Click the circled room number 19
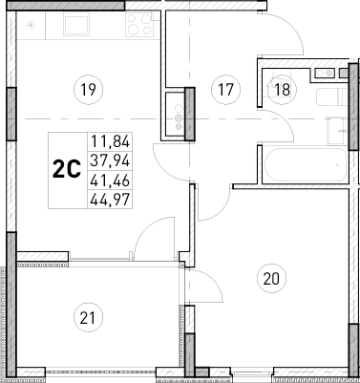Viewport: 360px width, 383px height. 88,91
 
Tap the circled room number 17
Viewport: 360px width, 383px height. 226,91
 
